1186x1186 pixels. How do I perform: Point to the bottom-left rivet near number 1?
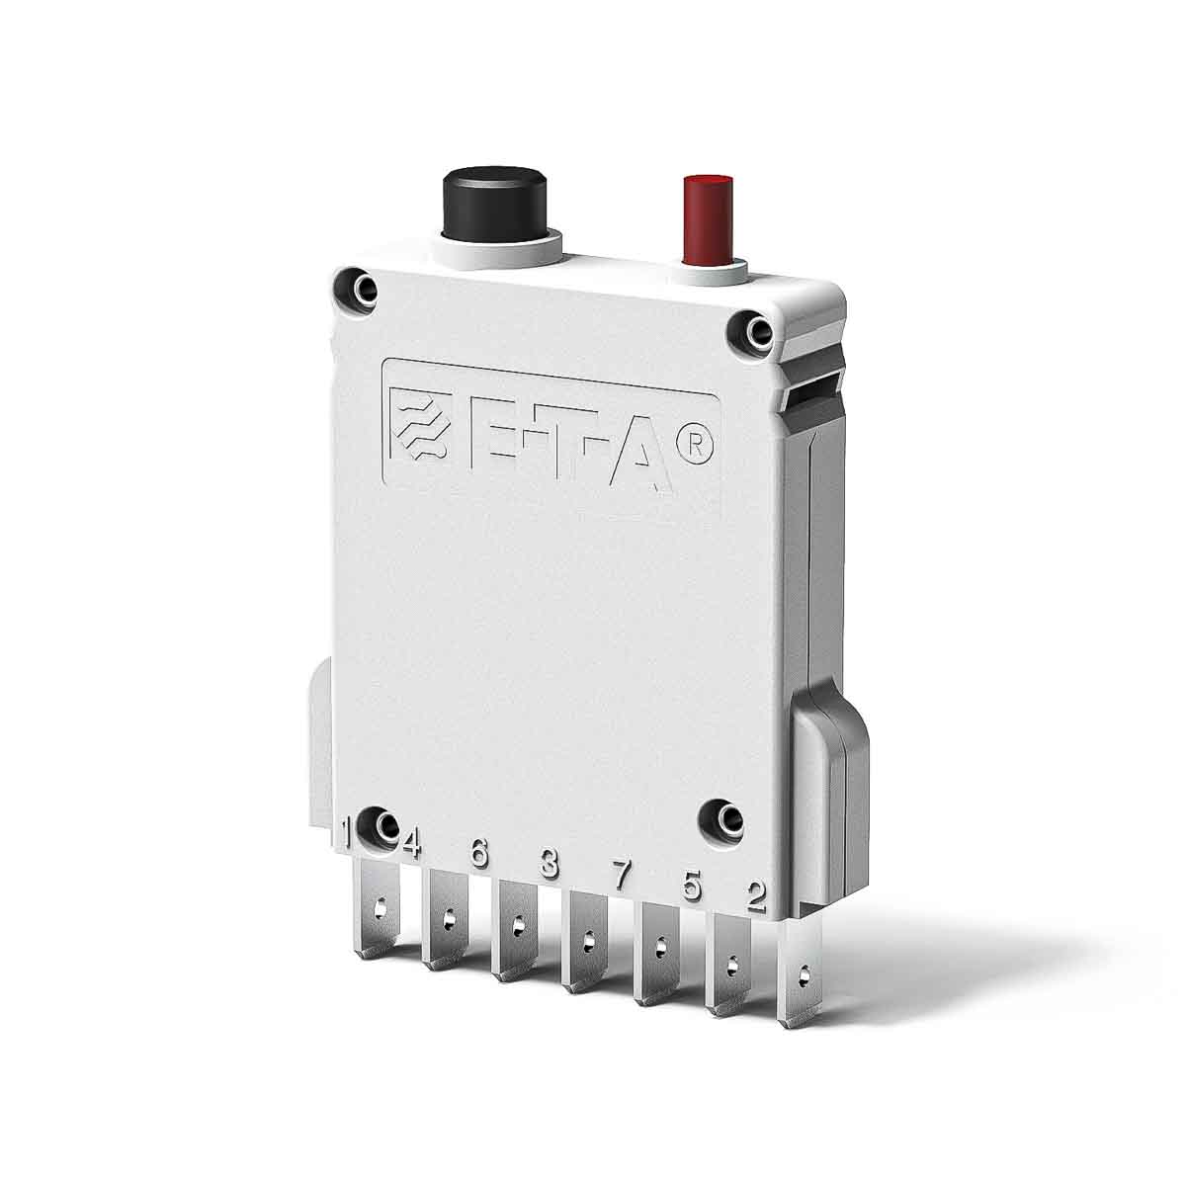point(379,825)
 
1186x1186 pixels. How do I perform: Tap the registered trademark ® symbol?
point(694,447)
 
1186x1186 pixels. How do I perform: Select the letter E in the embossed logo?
point(485,437)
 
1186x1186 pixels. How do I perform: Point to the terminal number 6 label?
point(480,853)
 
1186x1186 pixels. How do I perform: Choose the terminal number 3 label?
point(550,864)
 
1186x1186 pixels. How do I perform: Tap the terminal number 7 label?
point(621,874)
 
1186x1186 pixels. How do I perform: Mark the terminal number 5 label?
point(692,886)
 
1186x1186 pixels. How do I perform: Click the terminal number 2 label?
point(756,896)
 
